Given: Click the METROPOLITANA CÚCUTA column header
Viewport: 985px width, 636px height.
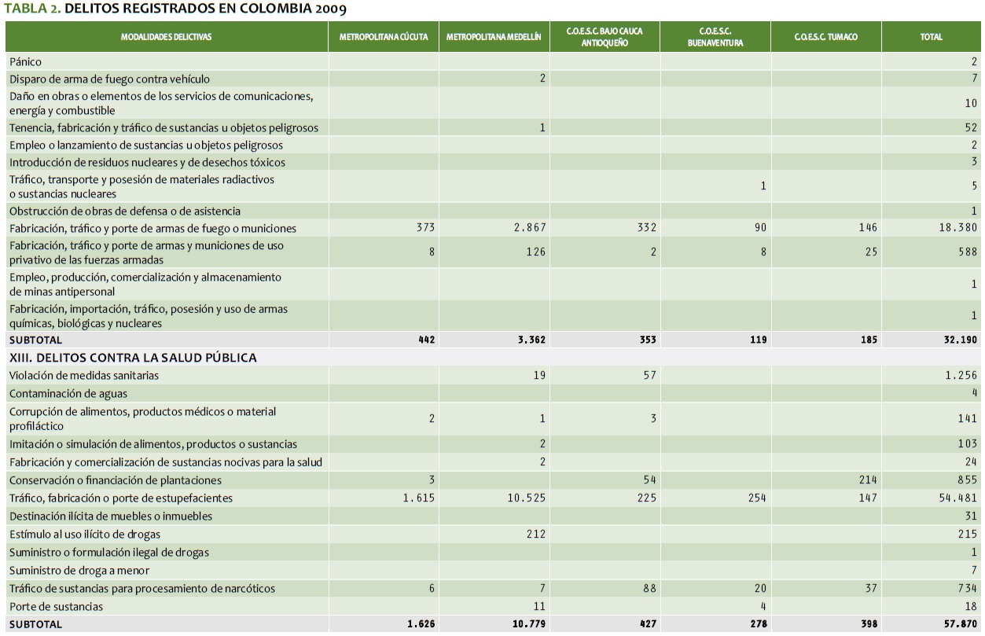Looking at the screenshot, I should [384, 37].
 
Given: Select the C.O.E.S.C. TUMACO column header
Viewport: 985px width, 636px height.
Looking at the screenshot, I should [825, 37].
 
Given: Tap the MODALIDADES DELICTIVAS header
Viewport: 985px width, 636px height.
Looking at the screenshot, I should [166, 37].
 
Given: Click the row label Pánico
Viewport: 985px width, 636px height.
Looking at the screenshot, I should [25, 61].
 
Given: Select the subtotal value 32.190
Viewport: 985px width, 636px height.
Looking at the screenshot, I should [959, 340].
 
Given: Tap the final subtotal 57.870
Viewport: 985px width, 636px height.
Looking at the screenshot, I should [959, 624].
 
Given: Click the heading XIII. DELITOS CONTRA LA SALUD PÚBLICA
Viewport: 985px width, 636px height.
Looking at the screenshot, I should [133, 358].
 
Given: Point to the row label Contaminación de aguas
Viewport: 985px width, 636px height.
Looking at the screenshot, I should [68, 393].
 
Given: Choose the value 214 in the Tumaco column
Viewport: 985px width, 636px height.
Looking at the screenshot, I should [868, 480].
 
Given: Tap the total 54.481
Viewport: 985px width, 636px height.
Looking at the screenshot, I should [959, 498].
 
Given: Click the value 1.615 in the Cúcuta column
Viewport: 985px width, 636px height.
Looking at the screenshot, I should [420, 498].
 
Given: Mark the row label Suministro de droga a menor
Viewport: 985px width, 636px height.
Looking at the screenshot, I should [79, 571].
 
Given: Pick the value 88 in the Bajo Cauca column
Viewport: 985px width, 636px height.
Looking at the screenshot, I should [649, 589].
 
